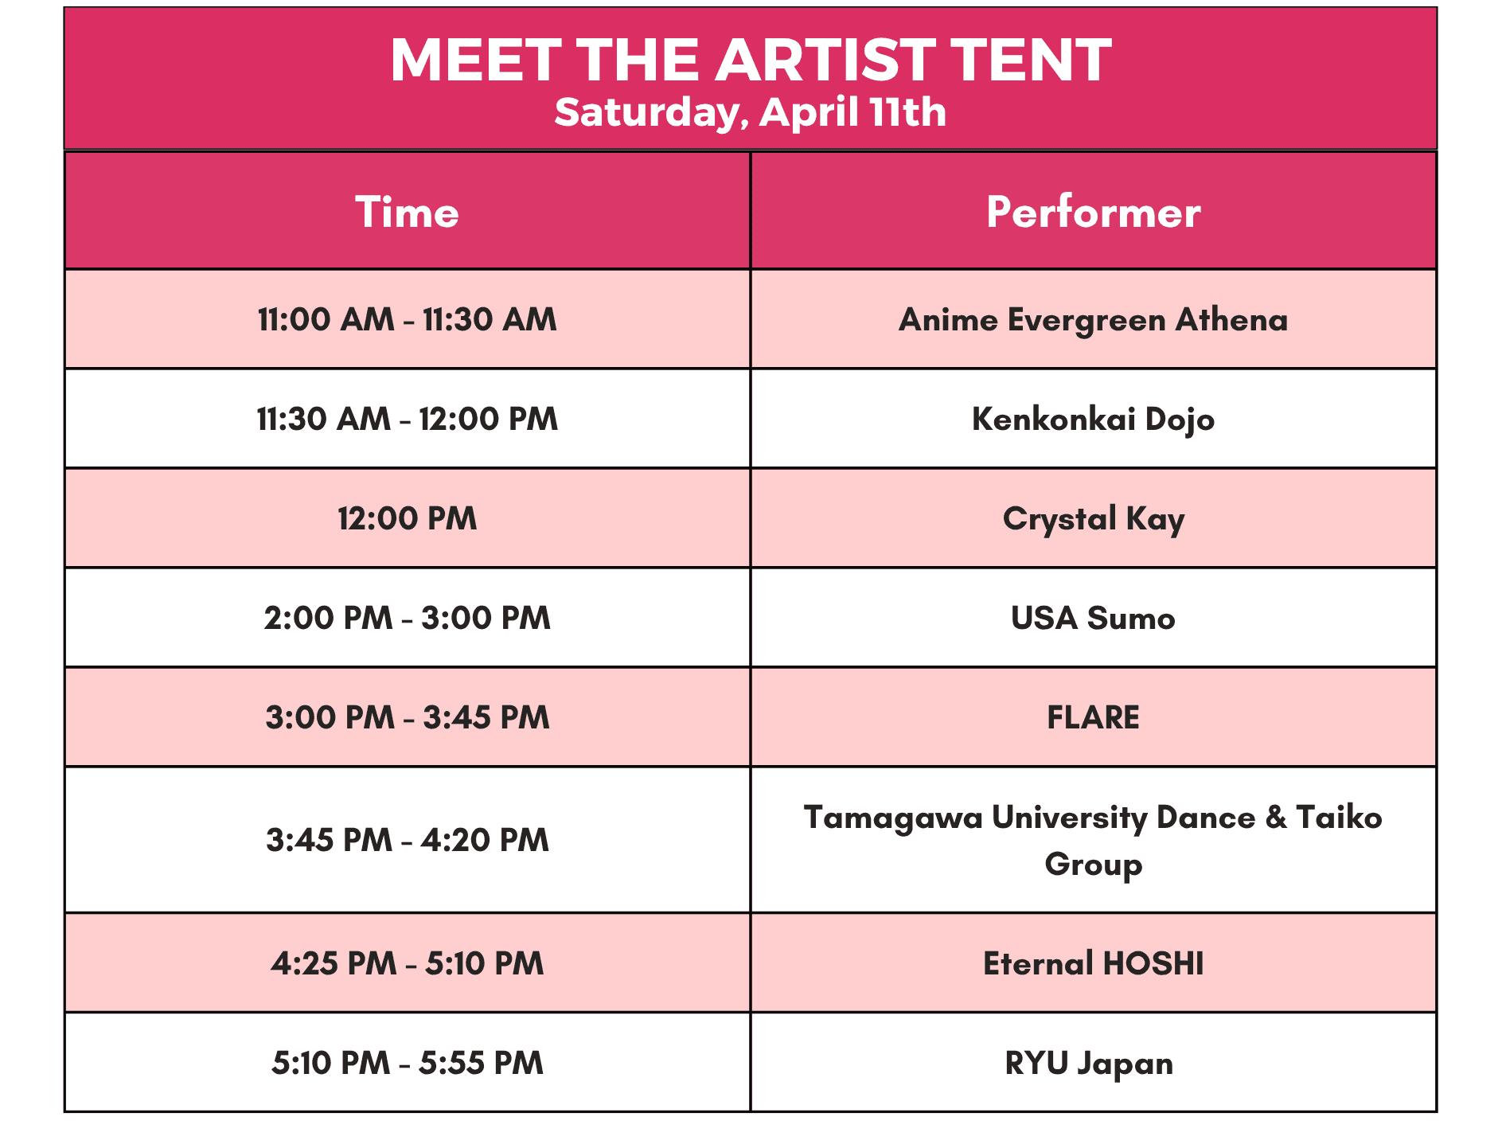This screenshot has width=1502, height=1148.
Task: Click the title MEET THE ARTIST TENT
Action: click(751, 60)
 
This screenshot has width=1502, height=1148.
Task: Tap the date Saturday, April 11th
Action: click(751, 111)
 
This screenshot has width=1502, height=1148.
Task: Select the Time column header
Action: click(408, 213)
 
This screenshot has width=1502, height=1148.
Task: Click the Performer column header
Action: click(1093, 213)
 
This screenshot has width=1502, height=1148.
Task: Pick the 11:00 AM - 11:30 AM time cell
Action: click(408, 319)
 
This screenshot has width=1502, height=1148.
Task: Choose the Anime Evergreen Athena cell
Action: click(1093, 320)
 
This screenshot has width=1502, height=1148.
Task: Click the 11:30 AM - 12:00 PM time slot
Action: click(408, 419)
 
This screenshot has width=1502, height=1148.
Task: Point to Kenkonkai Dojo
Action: click(1093, 420)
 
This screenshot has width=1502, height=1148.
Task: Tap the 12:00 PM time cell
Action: click(408, 518)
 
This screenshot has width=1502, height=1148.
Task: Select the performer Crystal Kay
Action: click(1093, 519)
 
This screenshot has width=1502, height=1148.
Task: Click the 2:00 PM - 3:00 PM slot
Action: click(408, 618)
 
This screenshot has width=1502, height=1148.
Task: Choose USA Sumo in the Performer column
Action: click(1093, 618)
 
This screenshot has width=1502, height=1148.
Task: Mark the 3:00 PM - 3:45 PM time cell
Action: click(408, 717)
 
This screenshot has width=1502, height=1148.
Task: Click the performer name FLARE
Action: click(1093, 717)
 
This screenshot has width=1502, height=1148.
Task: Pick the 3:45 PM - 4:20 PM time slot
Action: click(408, 840)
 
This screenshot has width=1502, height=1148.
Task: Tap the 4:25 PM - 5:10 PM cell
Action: click(408, 963)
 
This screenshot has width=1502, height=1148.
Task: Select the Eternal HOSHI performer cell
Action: click(1093, 963)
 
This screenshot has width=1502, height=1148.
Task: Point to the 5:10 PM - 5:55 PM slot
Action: click(408, 1063)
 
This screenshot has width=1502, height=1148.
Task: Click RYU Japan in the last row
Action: click(1089, 1064)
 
